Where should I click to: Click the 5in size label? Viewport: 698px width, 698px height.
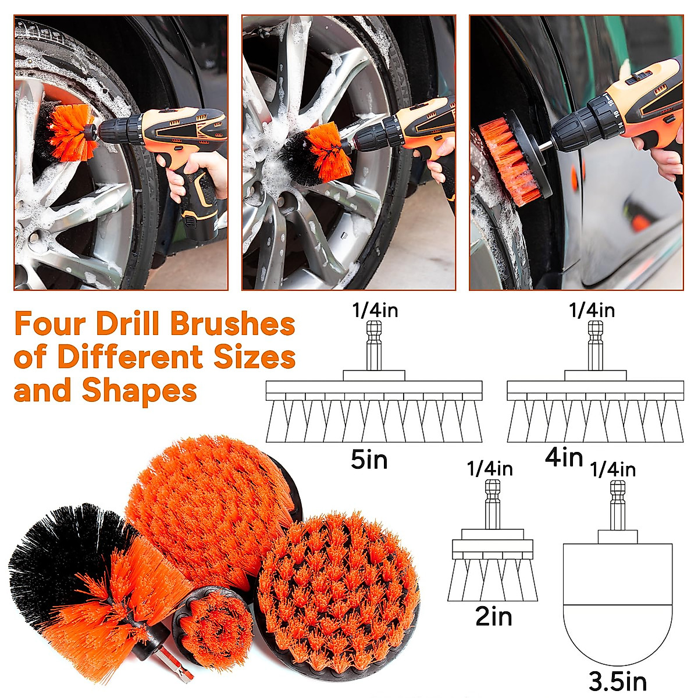click(369, 460)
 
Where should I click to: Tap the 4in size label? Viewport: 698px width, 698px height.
click(564, 457)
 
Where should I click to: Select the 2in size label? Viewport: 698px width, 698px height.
click(494, 617)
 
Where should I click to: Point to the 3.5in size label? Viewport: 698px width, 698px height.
click(618, 681)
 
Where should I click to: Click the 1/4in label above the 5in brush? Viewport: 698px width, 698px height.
click(375, 311)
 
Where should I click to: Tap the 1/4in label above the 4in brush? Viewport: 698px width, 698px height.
click(592, 311)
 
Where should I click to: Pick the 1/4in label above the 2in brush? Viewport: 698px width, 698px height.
click(490, 469)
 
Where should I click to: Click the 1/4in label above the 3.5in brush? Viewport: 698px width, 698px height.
click(612, 470)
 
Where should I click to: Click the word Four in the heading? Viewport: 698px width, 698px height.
click(51, 324)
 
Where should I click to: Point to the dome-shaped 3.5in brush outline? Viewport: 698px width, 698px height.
click(618, 605)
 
